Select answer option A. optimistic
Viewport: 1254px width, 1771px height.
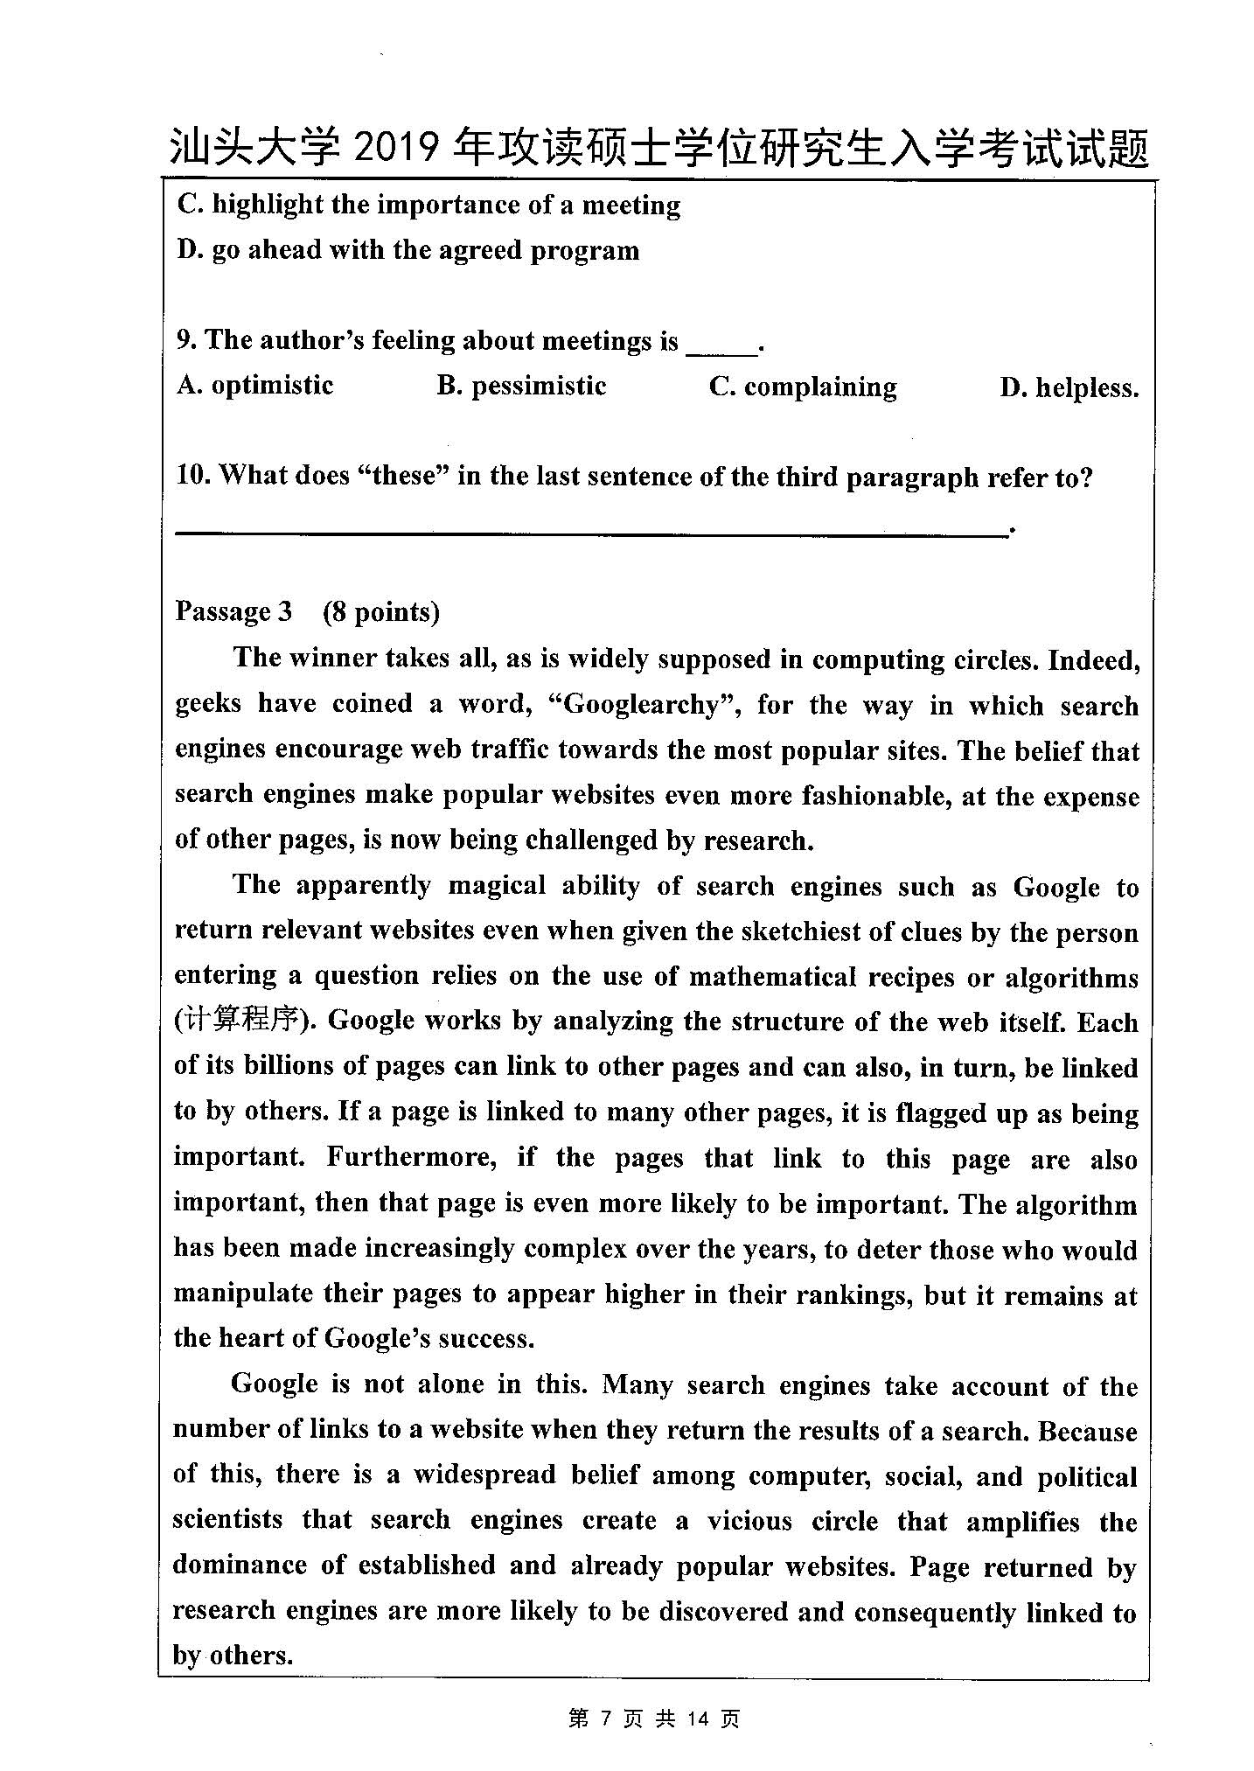coord(254,386)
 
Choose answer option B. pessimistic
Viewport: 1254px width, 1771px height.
coord(521,386)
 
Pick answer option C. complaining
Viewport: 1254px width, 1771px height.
coord(803,387)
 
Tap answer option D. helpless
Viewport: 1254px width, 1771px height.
coord(1069,387)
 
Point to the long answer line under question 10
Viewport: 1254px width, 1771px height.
coord(591,530)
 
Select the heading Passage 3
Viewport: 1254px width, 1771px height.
coord(233,611)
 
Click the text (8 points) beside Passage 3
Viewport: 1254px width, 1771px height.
coord(380,611)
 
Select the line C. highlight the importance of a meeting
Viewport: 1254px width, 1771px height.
coord(428,205)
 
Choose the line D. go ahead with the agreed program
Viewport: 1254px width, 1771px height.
coord(408,250)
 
